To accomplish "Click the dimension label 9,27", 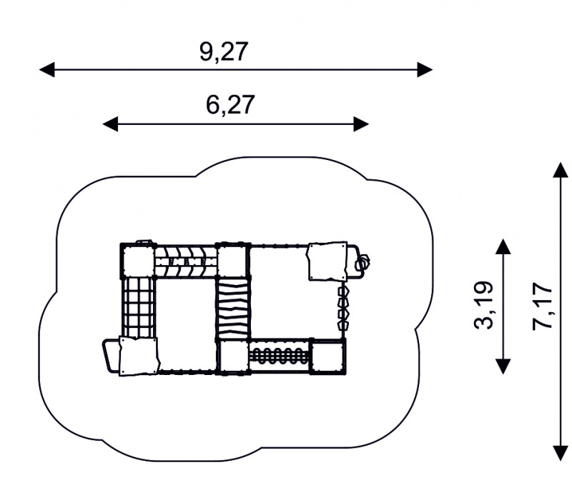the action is pyautogui.click(x=224, y=51).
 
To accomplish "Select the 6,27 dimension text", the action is pyautogui.click(x=230, y=105).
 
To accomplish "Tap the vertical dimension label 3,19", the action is pyautogui.click(x=485, y=306).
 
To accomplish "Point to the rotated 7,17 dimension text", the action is pyautogui.click(x=543, y=306).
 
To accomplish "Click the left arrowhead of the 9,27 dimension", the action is pyautogui.click(x=46, y=69).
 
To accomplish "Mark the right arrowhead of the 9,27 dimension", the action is pyautogui.click(x=425, y=69).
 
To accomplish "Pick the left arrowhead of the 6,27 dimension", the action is pyautogui.click(x=110, y=124).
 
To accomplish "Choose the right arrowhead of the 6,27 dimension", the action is pyautogui.click(x=362, y=124).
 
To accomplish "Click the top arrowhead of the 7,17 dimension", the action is pyautogui.click(x=561, y=170).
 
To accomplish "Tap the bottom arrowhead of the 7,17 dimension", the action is pyautogui.click(x=561, y=454).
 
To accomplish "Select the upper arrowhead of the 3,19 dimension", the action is pyautogui.click(x=503, y=246).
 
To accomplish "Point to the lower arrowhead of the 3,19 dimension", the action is pyautogui.click(x=503, y=366).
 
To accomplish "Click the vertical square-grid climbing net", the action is pyautogui.click(x=138, y=308).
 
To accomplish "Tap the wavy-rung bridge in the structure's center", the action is pyautogui.click(x=233, y=309).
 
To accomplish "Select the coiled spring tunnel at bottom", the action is pyautogui.click(x=280, y=356).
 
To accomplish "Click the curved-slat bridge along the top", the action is pyautogui.click(x=186, y=261).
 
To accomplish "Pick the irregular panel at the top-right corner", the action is pyautogui.click(x=327, y=261).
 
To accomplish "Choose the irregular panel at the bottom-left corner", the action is pyautogui.click(x=139, y=356).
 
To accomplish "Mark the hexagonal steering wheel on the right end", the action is pyautogui.click(x=363, y=261).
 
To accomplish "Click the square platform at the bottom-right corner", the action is pyautogui.click(x=328, y=356).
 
